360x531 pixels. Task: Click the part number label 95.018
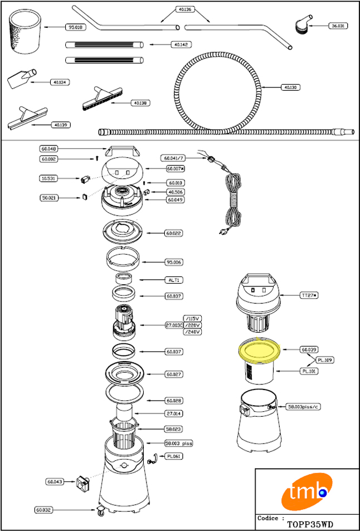pos(75,26)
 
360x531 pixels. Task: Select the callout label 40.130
pos(291,87)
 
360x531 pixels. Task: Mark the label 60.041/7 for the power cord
pos(173,158)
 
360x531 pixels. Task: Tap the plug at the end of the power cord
pos(223,232)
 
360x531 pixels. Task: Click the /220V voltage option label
pos(192,325)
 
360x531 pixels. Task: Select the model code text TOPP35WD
pos(310,524)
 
